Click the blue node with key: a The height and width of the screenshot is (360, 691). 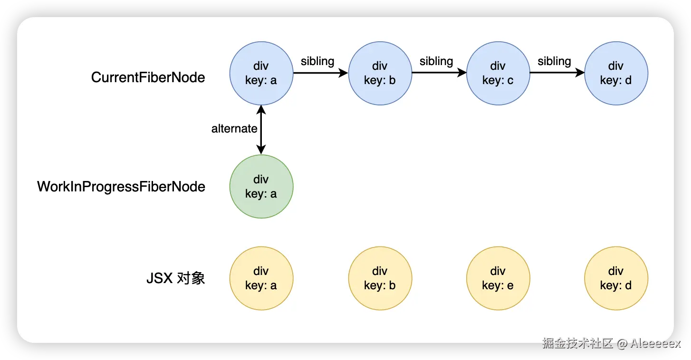point(261,73)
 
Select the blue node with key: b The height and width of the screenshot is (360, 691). point(380,73)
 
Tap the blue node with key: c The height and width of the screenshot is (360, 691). point(498,73)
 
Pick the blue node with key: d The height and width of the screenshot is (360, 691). point(616,73)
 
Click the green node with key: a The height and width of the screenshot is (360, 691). point(261,186)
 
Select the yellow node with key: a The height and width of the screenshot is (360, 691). point(261,278)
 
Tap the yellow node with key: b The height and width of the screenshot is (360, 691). point(380,278)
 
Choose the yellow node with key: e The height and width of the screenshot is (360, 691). point(498,278)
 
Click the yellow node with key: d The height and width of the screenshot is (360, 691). point(616,278)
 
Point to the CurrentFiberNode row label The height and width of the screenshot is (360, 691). point(148,77)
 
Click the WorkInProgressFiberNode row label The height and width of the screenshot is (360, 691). point(121,187)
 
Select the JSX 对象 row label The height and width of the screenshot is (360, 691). point(175,278)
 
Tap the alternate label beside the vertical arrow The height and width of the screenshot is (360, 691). point(234,129)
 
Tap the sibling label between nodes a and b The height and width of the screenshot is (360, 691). point(317,61)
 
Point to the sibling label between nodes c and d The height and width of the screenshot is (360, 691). point(554,61)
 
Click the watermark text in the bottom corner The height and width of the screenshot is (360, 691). point(611,343)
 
